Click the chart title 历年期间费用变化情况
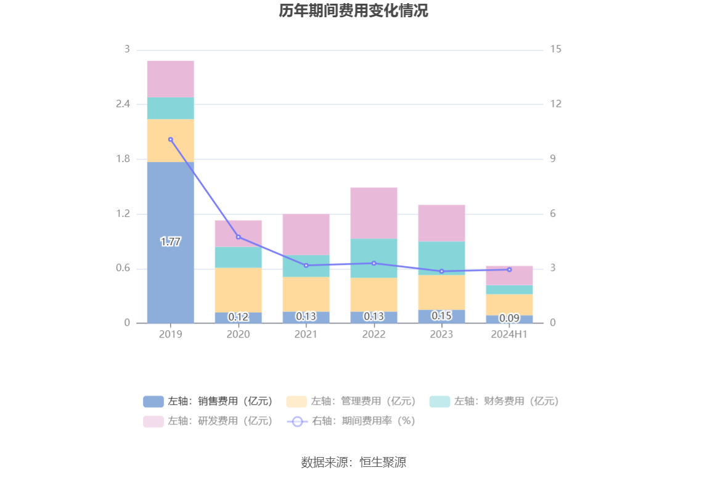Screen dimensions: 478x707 point(353,11)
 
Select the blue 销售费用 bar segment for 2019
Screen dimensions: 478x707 point(170,203)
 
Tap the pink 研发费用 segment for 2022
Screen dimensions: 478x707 point(374,213)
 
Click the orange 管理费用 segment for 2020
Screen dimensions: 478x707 point(238,290)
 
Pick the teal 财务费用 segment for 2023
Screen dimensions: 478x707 point(441,258)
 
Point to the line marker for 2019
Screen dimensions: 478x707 point(171,140)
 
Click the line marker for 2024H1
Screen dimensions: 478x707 point(509,270)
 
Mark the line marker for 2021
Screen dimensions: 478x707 point(306,265)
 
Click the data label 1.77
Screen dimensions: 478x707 point(171,242)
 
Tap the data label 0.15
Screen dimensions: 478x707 point(441,315)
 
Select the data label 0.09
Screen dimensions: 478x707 point(509,318)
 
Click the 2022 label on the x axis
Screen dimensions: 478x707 point(374,334)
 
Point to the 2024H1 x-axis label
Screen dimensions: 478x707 point(509,334)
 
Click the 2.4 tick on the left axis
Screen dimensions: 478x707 point(123,104)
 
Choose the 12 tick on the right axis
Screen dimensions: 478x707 point(556,104)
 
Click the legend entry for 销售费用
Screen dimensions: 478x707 point(208,402)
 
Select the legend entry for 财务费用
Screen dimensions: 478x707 point(494,402)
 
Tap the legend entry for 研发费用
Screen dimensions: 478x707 point(208,421)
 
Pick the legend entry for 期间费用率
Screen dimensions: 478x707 point(351,421)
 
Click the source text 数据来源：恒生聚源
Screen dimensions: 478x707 point(353,463)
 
